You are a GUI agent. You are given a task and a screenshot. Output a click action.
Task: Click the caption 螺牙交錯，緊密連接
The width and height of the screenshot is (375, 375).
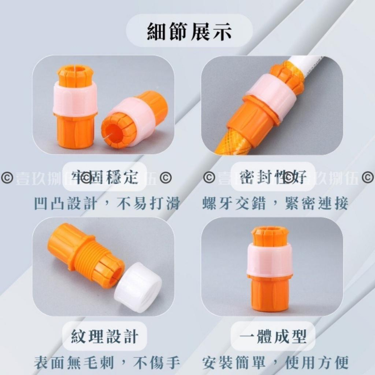click(275, 204)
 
